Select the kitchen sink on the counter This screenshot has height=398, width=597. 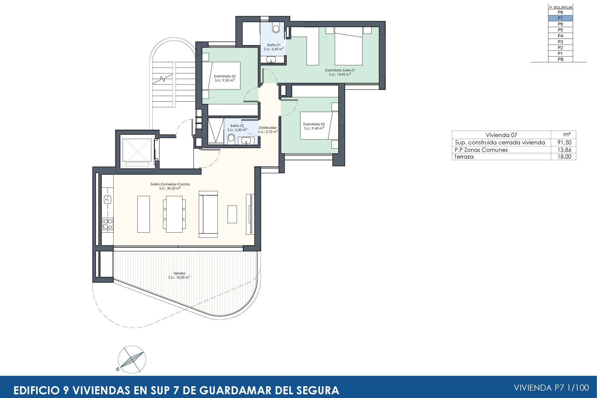click(x=108, y=199)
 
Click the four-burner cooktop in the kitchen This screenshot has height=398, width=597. click(x=108, y=224)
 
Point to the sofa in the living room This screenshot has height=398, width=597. click(x=208, y=214)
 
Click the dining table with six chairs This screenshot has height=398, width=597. click(x=174, y=214)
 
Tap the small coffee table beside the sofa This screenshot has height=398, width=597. click(x=232, y=214)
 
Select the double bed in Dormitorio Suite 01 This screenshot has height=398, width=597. click(x=349, y=46)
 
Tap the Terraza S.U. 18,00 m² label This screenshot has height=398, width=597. click(x=179, y=275)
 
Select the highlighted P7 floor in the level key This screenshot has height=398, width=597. click(x=560, y=18)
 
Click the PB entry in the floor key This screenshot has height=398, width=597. click(x=560, y=59)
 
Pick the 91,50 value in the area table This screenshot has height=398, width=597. click(x=564, y=142)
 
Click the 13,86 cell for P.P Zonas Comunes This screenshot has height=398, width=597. click(x=564, y=150)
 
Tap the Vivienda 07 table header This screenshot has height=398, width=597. click(x=501, y=135)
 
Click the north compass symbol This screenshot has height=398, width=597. click(x=132, y=359)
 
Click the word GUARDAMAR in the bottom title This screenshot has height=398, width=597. click(x=233, y=390)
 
